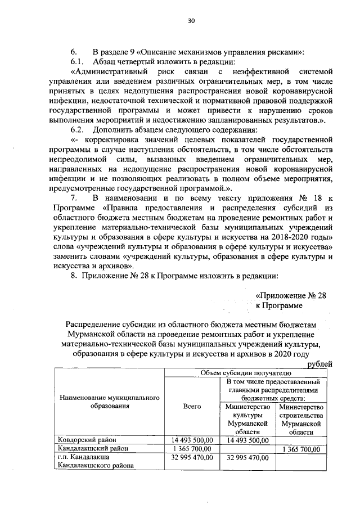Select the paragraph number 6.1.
[x=77, y=61]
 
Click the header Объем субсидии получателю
[x=246, y=373]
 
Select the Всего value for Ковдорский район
[x=192, y=439]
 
